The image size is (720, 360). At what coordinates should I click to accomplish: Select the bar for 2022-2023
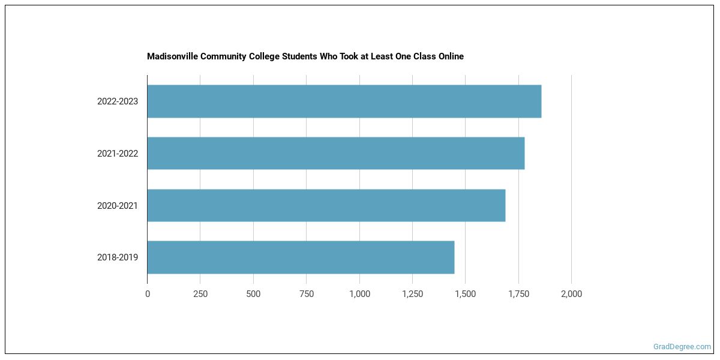pos(344,101)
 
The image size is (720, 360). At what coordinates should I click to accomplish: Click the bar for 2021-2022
pos(335,153)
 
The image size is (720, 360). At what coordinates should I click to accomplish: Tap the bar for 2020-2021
pos(326,205)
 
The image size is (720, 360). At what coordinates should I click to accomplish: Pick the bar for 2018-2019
pos(301,257)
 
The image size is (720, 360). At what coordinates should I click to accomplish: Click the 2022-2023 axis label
pos(118,101)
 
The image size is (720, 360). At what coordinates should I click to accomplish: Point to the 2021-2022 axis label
pos(118,154)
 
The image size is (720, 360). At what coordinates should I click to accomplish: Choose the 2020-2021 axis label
pos(118,206)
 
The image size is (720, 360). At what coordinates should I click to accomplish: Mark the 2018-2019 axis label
pos(118,257)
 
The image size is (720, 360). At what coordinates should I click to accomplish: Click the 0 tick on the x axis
pos(148,294)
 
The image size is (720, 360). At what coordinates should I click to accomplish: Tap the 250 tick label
pos(200,294)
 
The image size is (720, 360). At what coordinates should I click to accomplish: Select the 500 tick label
pos(253,294)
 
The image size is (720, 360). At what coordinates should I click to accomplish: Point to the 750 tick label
pos(306,294)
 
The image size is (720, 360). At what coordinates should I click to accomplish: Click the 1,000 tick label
pos(359,294)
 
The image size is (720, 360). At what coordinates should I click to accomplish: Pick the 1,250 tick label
pos(412,294)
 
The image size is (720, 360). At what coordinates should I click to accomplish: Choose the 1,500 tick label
pos(466,294)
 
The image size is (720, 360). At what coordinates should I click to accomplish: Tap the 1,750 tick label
pos(518,294)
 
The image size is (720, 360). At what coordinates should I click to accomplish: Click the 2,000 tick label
pos(571,294)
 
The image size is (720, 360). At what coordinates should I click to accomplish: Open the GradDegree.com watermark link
pos(682,347)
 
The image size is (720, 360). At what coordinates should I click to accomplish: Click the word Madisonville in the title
pos(170,56)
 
